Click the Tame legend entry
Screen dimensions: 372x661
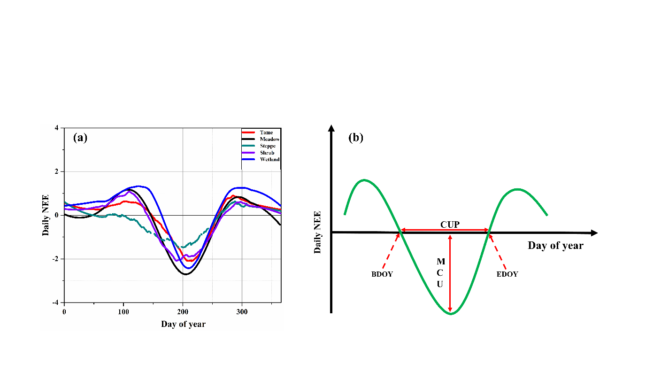point(266,132)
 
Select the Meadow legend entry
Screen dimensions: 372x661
point(269,139)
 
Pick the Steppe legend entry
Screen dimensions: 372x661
point(268,146)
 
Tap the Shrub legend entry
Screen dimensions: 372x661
point(267,153)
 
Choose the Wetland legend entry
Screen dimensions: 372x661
point(269,159)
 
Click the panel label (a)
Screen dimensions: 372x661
point(80,137)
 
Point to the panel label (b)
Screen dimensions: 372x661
point(355,138)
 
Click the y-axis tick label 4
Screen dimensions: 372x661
point(56,128)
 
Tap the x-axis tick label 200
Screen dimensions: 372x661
point(183,311)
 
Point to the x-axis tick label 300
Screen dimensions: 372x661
point(242,311)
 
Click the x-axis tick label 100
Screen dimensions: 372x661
point(123,311)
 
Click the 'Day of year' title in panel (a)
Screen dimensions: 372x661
point(183,324)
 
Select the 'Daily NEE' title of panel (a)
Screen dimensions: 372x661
point(46,215)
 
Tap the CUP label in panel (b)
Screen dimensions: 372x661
point(449,224)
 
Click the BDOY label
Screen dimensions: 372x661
point(382,274)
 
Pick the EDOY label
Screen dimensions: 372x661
point(507,274)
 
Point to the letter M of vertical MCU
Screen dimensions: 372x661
point(440,261)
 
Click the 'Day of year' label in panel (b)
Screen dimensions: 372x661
point(555,246)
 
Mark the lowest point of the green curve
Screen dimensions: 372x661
point(451,313)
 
